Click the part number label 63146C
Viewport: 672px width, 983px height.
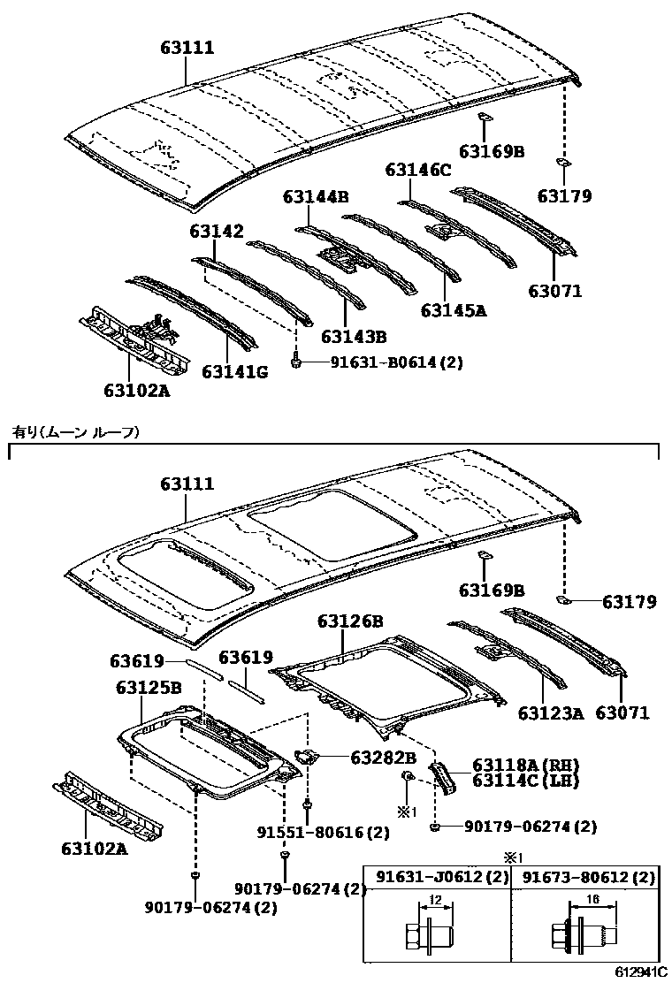click(418, 170)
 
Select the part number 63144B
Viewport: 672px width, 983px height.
click(316, 196)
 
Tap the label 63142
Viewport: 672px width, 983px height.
click(215, 231)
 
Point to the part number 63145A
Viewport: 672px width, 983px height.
click(454, 310)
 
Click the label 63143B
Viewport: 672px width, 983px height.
click(354, 337)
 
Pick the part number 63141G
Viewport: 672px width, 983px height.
click(234, 372)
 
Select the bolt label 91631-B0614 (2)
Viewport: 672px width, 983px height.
click(385, 362)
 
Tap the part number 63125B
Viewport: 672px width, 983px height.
click(149, 686)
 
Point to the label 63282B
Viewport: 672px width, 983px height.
click(383, 757)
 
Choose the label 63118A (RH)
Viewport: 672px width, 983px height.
click(524, 765)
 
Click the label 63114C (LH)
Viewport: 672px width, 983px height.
click(524, 780)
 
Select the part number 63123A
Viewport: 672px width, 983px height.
click(551, 712)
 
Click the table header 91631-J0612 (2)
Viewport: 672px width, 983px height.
click(437, 877)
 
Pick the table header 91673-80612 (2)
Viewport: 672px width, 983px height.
click(588, 877)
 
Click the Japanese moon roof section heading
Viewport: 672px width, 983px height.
click(75, 431)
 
